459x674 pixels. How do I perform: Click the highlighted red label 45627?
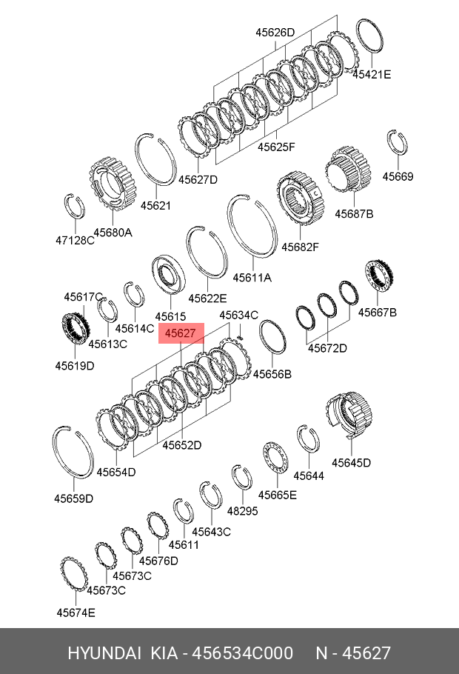coord(180,334)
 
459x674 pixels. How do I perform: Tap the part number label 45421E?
coord(372,74)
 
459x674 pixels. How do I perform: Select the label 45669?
coord(398,176)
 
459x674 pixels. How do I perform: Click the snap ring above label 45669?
coord(396,143)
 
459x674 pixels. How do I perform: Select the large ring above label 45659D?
coord(73,453)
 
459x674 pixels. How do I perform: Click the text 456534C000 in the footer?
coord(243,653)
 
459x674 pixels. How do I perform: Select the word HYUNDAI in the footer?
coord(104,653)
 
